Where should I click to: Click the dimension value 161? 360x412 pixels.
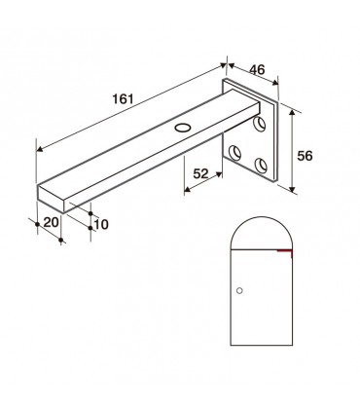pyautogui.click(x=123, y=98)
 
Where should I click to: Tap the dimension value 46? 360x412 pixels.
pyautogui.click(x=257, y=69)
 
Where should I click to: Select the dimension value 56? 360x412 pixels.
pyautogui.click(x=305, y=156)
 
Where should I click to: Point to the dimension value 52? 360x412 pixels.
pyautogui.click(x=200, y=174)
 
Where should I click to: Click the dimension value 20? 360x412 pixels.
pyautogui.click(x=52, y=222)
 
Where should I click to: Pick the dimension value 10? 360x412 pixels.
pyautogui.click(x=101, y=224)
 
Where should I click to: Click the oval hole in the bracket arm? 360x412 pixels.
pyautogui.click(x=183, y=128)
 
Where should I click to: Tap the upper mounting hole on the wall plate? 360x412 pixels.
pyautogui.click(x=260, y=124)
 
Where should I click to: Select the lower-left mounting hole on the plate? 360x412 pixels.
pyautogui.click(x=234, y=153)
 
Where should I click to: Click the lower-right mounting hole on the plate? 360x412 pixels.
pyautogui.click(x=261, y=165)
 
